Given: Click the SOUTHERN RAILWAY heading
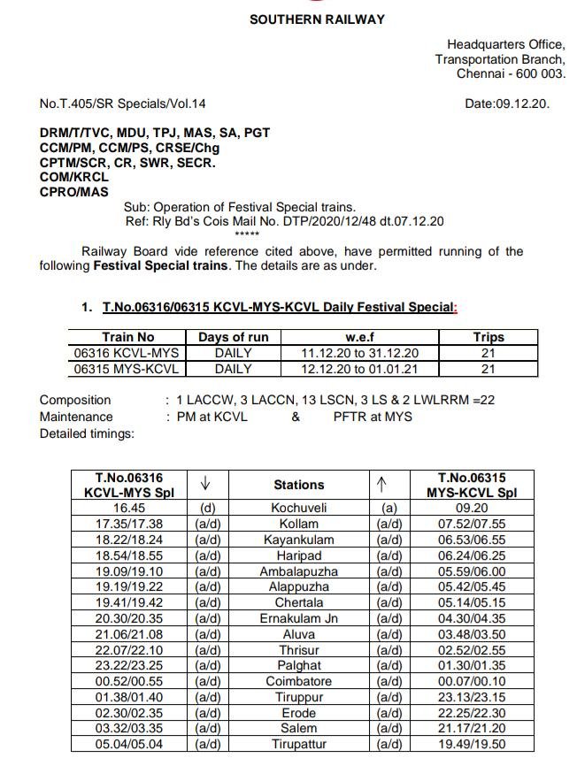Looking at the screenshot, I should pos(317,19).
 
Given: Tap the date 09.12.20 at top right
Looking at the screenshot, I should pos(507,103).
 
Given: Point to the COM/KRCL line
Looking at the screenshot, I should pos(74,177).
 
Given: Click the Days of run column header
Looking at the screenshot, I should pos(233,337).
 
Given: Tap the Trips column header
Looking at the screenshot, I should pos(488,337).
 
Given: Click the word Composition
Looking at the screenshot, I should pos(75,400).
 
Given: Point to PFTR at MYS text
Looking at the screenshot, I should pos(373,417).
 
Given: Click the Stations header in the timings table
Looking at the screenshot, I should pos(298,485).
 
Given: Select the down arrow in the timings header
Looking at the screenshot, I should pos(205,483).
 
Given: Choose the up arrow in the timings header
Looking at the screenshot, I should pos(382,483).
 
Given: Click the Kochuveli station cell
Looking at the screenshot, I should pos(298,509).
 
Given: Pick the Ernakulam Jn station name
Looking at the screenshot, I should pos(298,618).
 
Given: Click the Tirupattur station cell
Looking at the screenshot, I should pos(298,744).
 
